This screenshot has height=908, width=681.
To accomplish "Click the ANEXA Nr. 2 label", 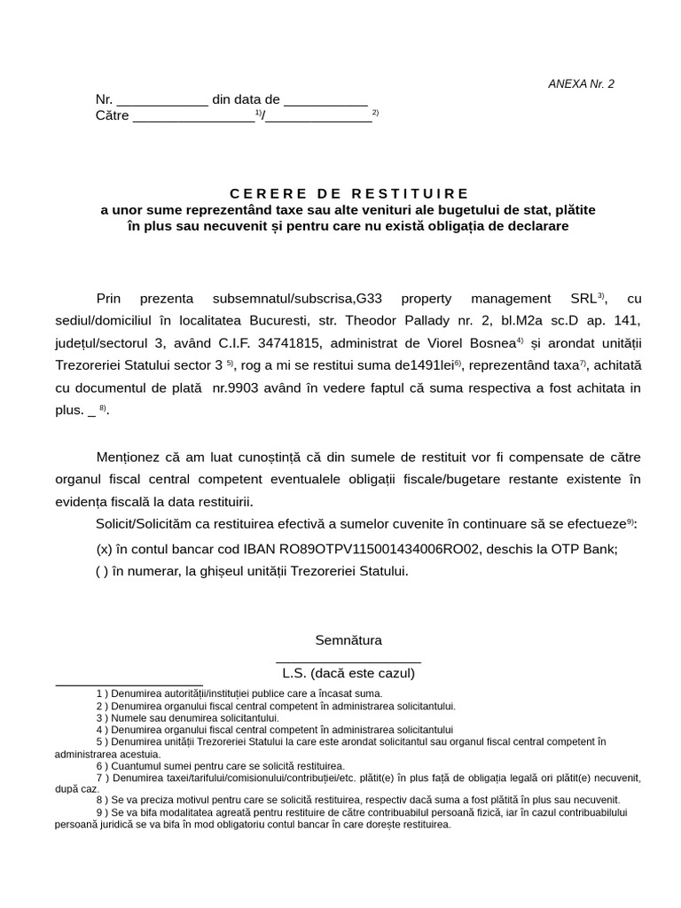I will coord(581,84).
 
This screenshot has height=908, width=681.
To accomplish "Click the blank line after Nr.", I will coord(162,101).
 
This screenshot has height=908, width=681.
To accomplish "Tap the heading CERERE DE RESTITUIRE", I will coord(349,193).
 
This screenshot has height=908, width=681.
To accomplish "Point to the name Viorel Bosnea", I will coord(472,343).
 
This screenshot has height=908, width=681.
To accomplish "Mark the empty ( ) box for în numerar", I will coord(102,572).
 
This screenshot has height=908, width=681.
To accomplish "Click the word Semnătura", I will coord(348,640).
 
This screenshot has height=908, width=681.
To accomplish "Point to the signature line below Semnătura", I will coord(348,661).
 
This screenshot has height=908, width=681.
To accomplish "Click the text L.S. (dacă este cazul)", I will coord(348,673).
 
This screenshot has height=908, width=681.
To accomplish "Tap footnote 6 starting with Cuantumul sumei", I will coord(220,765).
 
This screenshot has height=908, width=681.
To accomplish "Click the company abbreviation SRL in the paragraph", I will coord(586,299).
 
